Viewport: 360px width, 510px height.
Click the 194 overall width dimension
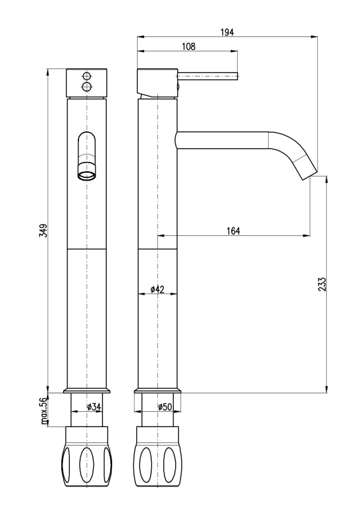(227, 33)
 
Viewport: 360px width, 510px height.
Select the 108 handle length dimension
(189, 47)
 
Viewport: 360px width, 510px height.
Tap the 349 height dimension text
(43, 230)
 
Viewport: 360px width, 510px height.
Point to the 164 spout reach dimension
(233, 231)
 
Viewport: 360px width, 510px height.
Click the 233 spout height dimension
(322, 284)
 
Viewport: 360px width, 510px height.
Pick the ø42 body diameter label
(157, 289)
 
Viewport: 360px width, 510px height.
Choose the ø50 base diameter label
(165, 407)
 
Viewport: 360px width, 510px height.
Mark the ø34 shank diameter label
(94, 407)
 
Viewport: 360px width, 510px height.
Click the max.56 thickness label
(44, 411)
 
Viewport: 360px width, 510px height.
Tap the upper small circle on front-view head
(87, 76)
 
